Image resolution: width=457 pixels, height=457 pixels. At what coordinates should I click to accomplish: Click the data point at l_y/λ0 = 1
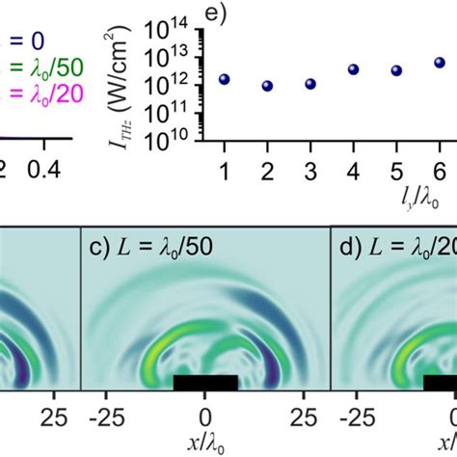225,79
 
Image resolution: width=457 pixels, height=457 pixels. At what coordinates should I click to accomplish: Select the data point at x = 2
267,86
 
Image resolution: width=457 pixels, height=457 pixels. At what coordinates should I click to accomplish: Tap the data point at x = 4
354,69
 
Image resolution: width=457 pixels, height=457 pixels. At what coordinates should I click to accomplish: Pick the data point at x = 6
439,63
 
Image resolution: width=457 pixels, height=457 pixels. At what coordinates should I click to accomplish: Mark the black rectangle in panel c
204,382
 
